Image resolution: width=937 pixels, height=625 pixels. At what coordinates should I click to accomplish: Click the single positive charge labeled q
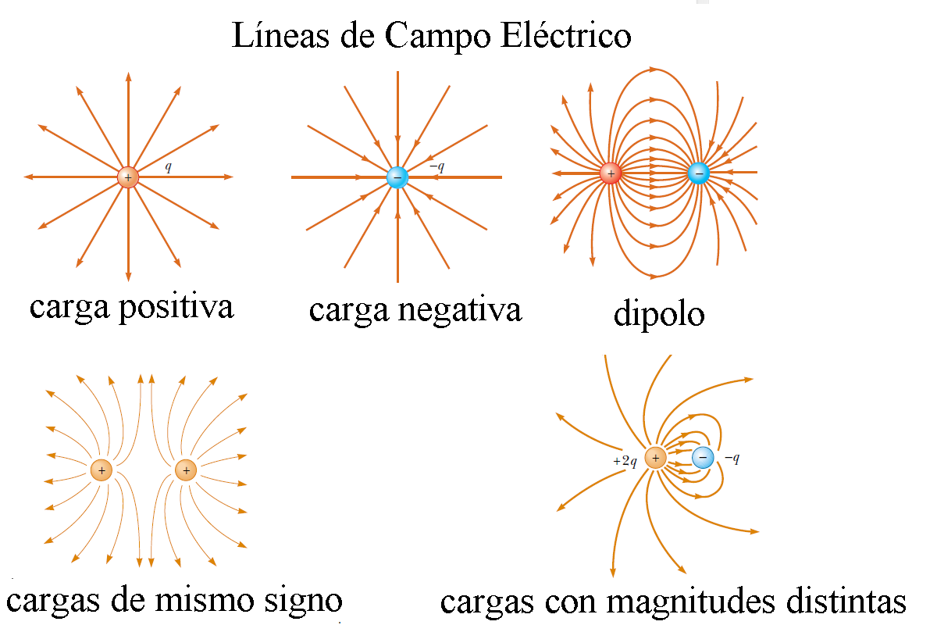click(128, 177)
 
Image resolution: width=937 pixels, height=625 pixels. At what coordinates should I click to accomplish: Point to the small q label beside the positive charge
click(169, 166)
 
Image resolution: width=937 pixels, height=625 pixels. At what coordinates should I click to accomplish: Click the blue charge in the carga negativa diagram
click(397, 177)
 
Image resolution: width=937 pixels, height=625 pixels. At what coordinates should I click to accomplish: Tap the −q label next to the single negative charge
click(436, 166)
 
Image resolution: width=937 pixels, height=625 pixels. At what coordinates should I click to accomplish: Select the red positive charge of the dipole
click(611, 173)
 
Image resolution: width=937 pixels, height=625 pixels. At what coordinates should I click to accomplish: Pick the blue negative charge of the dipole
click(698, 173)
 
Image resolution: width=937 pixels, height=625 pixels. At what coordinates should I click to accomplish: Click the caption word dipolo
click(659, 313)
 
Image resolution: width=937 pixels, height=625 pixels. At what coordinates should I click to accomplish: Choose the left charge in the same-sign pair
click(101, 470)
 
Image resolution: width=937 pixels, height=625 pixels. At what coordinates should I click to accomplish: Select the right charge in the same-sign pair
click(185, 470)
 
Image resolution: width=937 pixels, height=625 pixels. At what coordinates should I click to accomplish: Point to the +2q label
click(625, 461)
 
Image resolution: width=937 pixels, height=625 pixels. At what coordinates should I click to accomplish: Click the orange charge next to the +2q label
click(656, 458)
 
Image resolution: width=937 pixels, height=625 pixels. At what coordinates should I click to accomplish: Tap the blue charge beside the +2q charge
click(703, 458)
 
